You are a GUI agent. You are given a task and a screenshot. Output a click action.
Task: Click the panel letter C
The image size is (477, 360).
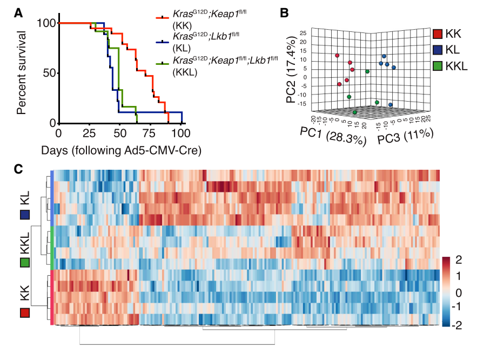tap(18, 168)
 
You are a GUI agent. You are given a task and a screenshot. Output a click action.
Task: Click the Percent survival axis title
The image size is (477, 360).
tap(22, 73)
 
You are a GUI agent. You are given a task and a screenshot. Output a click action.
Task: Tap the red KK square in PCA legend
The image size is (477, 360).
tap(438, 34)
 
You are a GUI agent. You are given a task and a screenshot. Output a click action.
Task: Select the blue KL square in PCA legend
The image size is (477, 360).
tap(438, 50)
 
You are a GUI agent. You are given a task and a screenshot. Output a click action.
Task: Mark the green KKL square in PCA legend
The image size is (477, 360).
tap(438, 66)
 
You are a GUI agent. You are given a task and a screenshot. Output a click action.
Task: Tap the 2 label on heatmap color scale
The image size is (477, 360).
tap(459, 260)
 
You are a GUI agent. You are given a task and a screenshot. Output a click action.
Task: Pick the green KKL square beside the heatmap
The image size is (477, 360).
tap(24, 263)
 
